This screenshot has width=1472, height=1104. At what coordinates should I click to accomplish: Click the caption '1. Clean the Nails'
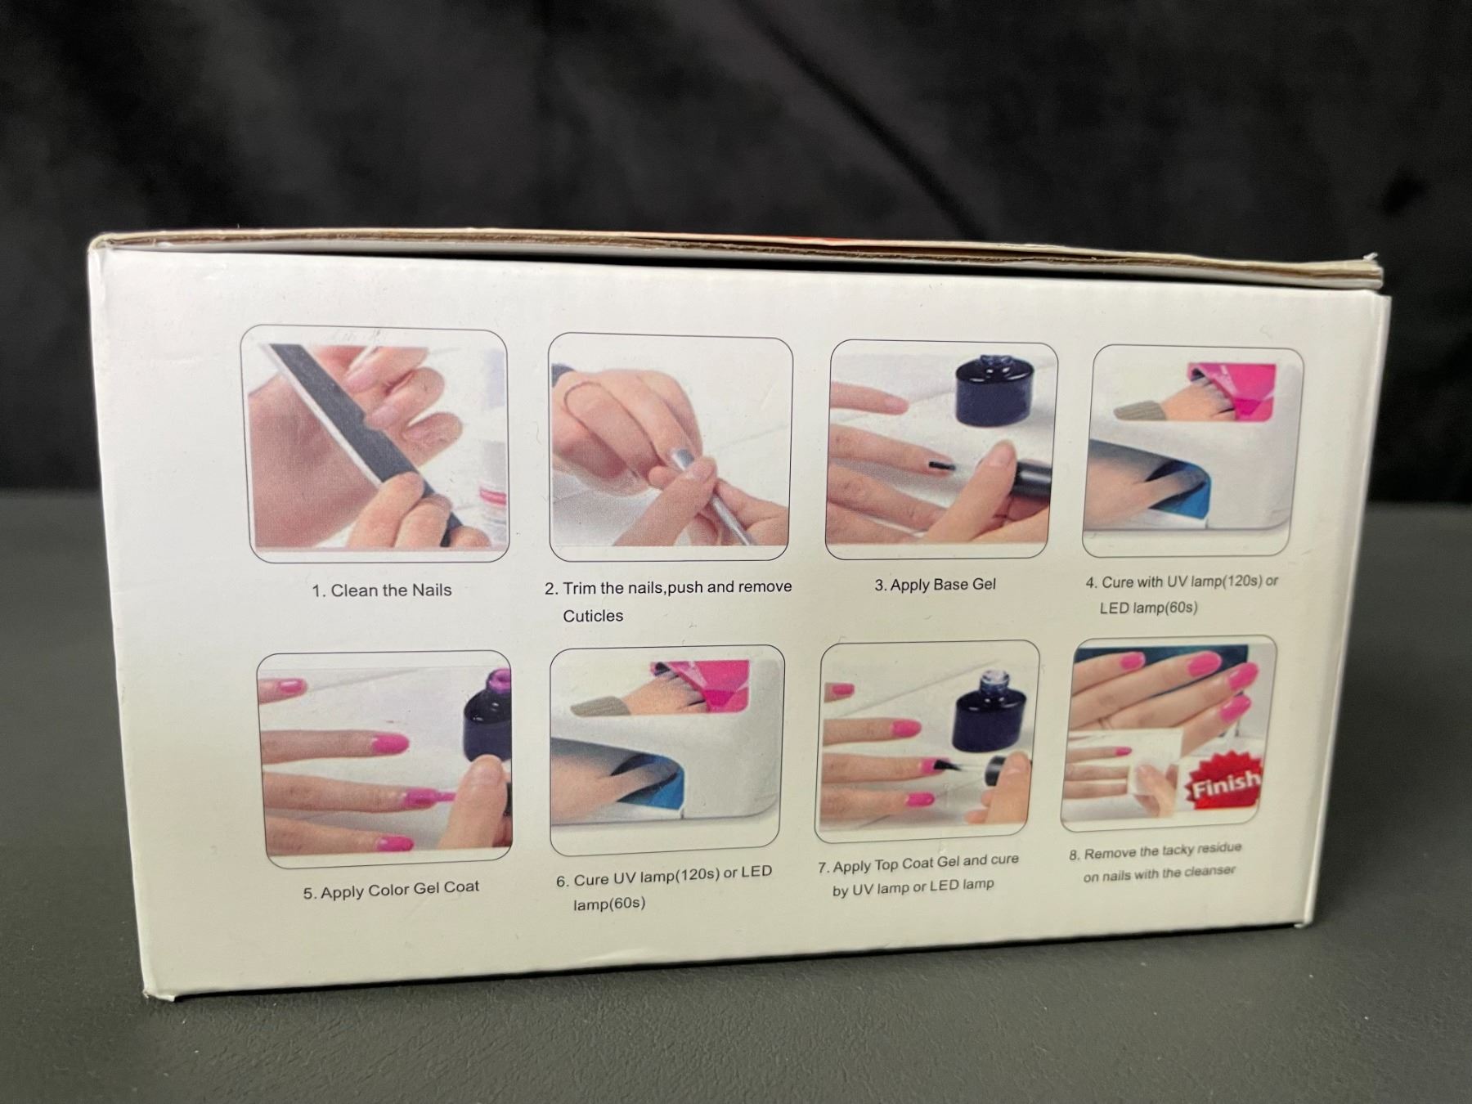(x=381, y=590)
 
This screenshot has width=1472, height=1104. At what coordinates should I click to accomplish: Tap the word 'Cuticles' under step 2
(x=593, y=616)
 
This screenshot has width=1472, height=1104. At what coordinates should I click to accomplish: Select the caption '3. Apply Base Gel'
(x=935, y=585)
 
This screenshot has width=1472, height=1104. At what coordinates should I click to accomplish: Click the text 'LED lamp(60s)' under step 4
(x=1148, y=608)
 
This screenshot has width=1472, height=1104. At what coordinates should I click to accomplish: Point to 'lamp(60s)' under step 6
(x=608, y=904)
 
